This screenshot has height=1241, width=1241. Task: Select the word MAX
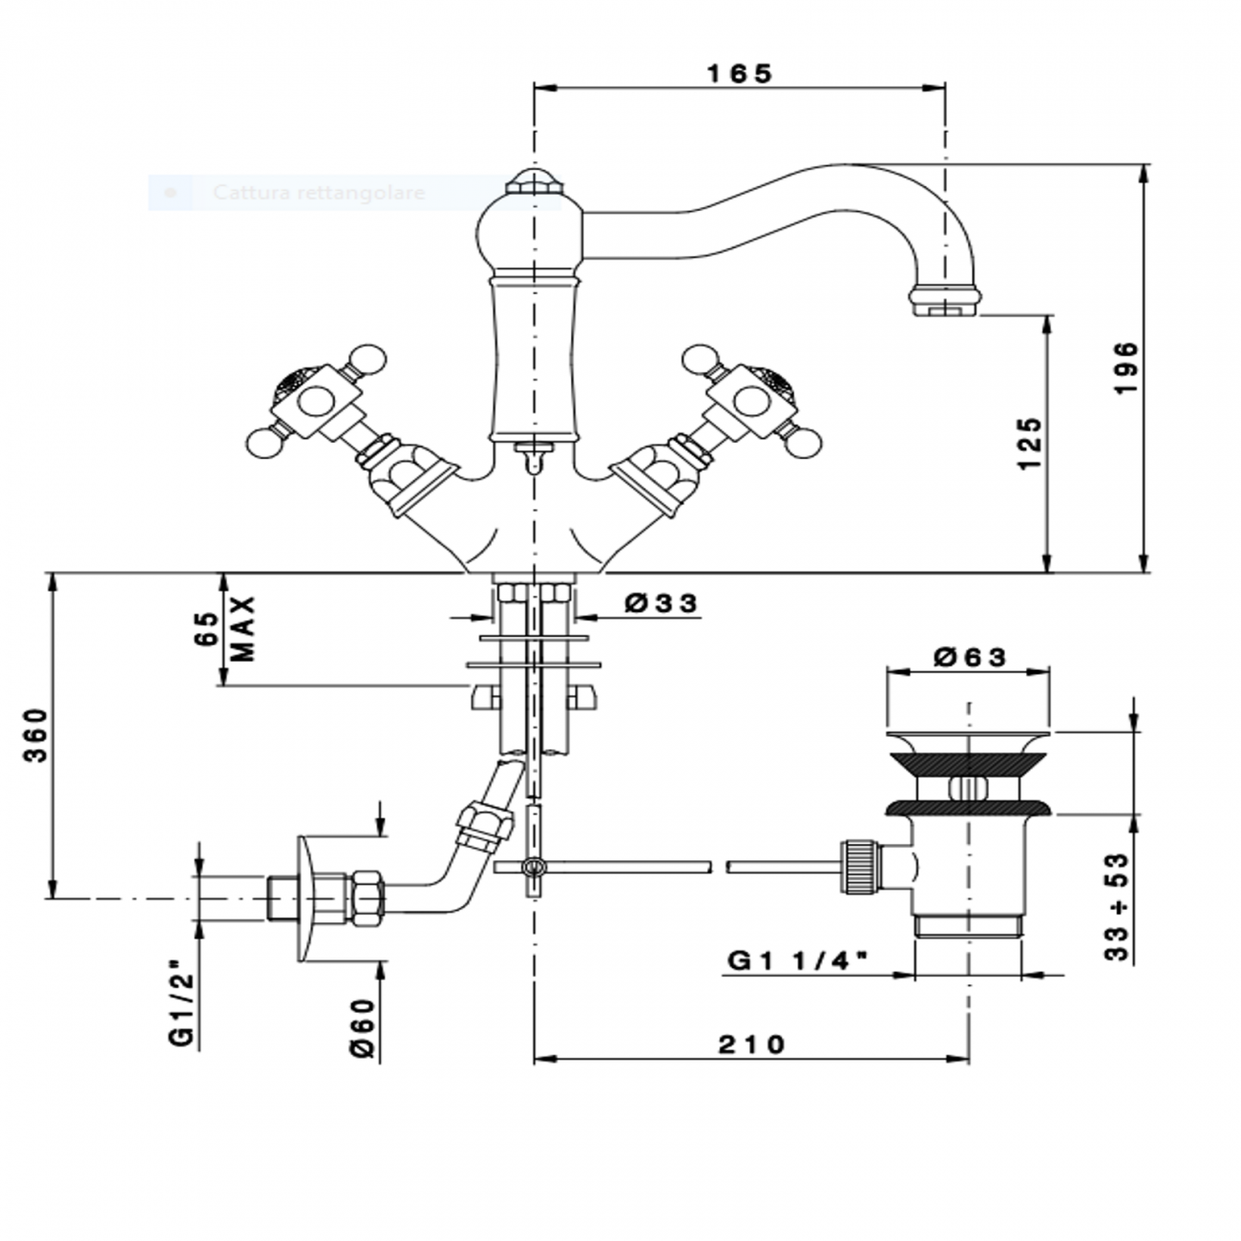click(x=244, y=630)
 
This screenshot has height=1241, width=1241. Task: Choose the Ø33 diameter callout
click(x=662, y=603)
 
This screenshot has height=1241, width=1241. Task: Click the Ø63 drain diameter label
click(x=970, y=657)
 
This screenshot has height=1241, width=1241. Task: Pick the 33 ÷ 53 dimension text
click(x=1116, y=907)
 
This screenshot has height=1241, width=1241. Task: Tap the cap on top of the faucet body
click(x=532, y=181)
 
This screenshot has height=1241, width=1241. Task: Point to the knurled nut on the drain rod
click(x=857, y=866)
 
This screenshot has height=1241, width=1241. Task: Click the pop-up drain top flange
click(x=970, y=739)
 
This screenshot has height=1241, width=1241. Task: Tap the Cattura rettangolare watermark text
click(x=318, y=193)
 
